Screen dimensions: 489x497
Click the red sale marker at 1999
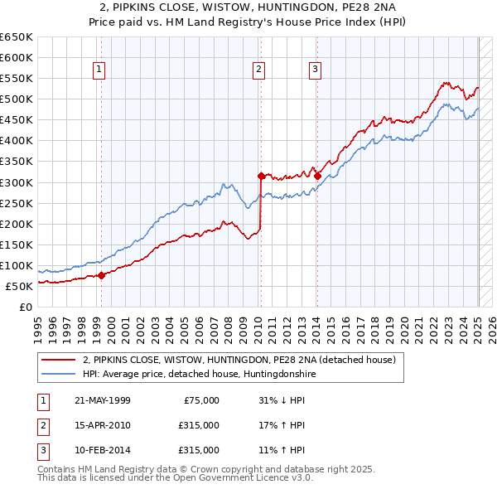[x=101, y=275]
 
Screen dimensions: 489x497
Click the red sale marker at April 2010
[x=261, y=176]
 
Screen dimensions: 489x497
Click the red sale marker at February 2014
[x=317, y=176]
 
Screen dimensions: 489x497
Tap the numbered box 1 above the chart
[x=99, y=70]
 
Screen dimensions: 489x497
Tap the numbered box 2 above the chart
[x=259, y=70]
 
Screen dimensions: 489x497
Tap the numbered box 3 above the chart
[x=316, y=70]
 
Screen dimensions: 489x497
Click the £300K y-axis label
[x=16, y=182]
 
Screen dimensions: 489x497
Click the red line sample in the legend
[x=59, y=360]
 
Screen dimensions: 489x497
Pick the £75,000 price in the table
[x=200, y=400]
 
